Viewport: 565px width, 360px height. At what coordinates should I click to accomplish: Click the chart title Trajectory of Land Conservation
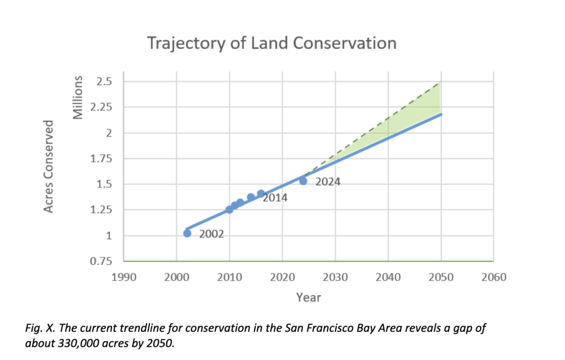point(272,43)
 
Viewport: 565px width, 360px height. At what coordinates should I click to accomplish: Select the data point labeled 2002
point(187,233)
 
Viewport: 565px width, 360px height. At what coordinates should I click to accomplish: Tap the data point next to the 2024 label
point(303,181)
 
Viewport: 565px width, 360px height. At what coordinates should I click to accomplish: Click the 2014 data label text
point(275,197)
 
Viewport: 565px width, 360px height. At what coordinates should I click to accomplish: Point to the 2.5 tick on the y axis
point(104,82)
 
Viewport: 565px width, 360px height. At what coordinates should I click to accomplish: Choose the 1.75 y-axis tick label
point(102,158)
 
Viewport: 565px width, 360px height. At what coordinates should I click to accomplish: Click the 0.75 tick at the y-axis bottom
point(102,261)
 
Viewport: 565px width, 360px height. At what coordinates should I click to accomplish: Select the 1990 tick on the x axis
point(124,277)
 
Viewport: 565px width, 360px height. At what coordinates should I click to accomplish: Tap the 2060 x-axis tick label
point(494,277)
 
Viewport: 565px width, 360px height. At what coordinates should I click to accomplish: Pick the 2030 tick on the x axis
point(335,277)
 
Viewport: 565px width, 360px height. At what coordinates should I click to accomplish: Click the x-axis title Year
point(308,297)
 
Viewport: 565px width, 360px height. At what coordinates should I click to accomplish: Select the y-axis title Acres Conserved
point(49,166)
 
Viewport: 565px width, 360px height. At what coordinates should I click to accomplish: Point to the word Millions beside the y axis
point(78,97)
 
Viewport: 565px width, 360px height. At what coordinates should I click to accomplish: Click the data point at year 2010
point(229,209)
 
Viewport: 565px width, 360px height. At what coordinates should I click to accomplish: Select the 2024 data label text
point(328,182)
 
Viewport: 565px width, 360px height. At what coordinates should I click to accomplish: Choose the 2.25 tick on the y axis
point(102,107)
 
